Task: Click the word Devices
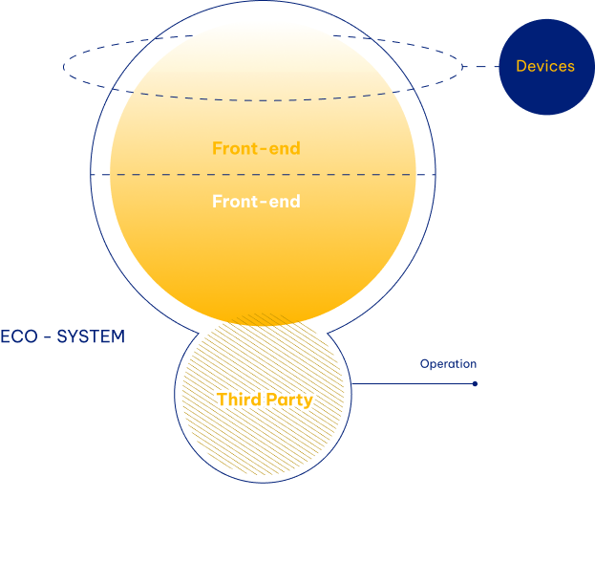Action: (x=545, y=67)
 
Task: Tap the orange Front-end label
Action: (x=256, y=148)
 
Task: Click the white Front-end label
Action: (x=256, y=202)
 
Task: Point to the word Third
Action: (x=239, y=400)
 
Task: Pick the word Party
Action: (x=289, y=400)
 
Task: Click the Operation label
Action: (x=448, y=364)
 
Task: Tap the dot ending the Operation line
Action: (x=475, y=384)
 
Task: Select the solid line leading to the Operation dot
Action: (x=411, y=384)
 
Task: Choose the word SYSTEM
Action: (x=91, y=337)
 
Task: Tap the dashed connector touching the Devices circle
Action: (x=482, y=67)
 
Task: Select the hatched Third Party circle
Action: (x=263, y=440)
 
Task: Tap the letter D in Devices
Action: (x=521, y=67)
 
